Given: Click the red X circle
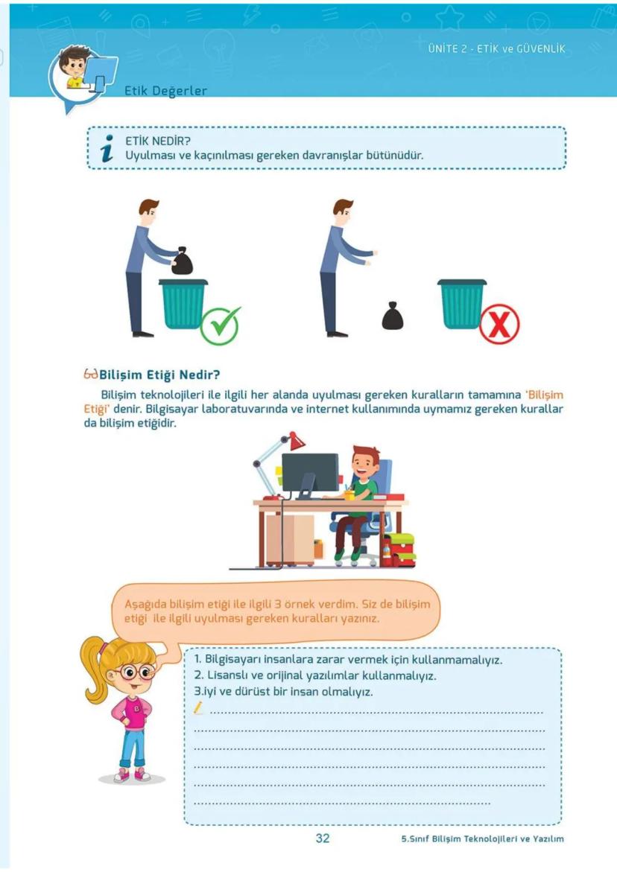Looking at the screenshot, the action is point(499,324).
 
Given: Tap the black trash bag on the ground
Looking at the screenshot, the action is point(393,316).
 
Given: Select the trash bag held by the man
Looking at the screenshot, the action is point(182,261).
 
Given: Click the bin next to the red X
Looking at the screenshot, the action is point(462,304).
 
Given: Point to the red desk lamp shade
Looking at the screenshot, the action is point(297,441).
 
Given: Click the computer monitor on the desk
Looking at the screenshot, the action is point(310,472).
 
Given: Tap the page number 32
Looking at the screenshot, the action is point(323,838).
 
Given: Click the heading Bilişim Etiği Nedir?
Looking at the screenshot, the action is point(159,375).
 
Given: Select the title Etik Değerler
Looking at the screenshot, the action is point(165,91).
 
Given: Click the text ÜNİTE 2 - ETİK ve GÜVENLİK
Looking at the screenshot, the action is point(496,48).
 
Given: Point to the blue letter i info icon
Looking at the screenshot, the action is point(107,148).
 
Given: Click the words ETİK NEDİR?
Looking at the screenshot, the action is point(158,141).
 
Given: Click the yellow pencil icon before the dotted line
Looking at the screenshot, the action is point(198,708).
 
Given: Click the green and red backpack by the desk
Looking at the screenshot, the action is point(399,550).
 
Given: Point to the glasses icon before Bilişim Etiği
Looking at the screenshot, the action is point(91,375).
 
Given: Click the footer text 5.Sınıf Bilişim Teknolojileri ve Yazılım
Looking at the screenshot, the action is point(482,838).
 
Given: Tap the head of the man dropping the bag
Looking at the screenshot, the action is point(343,212).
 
